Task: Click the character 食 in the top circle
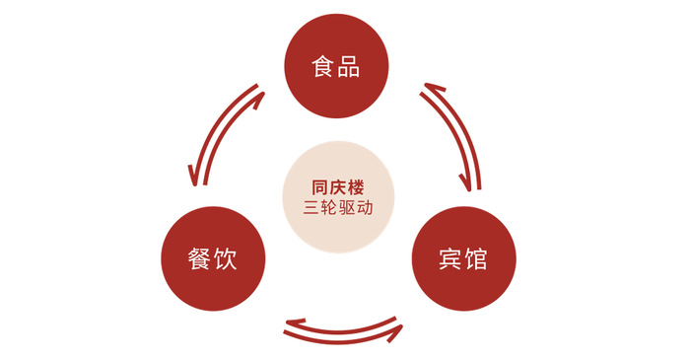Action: [322, 67]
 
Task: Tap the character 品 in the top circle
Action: [348, 67]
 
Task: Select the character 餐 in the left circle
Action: [200, 258]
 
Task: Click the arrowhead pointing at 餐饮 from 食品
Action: [195, 178]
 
